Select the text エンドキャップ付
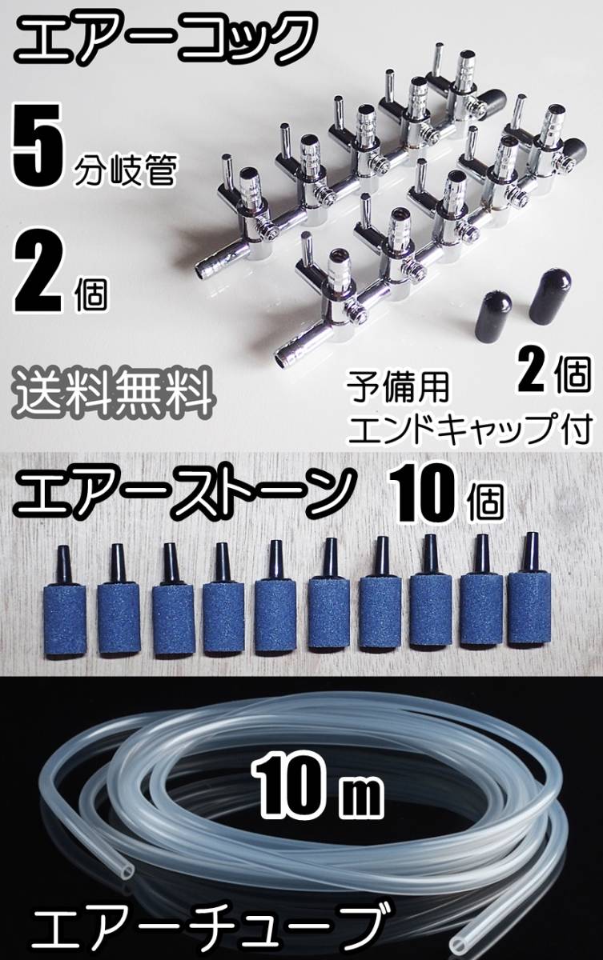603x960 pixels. point(468,429)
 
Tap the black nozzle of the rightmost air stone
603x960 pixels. point(529,552)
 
